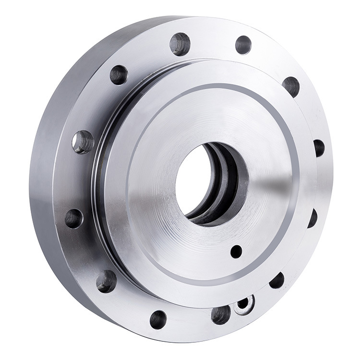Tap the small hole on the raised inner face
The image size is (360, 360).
[236, 251]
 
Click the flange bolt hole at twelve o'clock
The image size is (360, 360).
[180, 44]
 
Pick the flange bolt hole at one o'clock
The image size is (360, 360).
[243, 45]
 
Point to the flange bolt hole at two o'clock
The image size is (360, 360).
[291, 86]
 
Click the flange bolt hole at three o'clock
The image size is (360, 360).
[319, 147]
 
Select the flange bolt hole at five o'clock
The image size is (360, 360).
[277, 280]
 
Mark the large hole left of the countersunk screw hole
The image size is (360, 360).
[221, 314]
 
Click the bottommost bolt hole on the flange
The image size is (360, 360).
[158, 319]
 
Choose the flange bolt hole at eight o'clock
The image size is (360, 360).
[106, 281]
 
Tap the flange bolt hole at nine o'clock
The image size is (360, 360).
[73, 218]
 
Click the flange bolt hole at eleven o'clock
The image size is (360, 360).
[119, 75]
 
